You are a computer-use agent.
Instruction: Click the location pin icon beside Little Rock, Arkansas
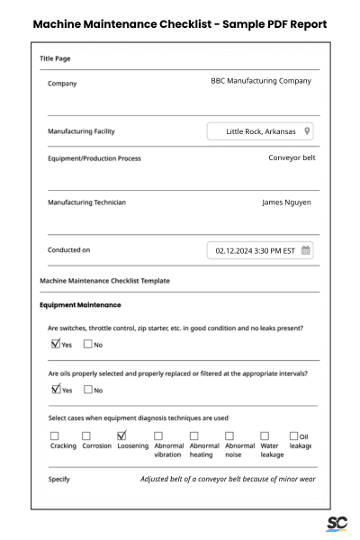[x=307, y=131]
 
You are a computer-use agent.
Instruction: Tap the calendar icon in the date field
[x=305, y=251]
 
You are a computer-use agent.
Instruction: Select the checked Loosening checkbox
[x=121, y=435]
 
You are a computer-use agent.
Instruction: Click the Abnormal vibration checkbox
[x=158, y=436]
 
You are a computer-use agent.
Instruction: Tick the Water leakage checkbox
[x=265, y=436]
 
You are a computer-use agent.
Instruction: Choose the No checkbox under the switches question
[x=87, y=344]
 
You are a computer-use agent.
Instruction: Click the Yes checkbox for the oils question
[x=56, y=389]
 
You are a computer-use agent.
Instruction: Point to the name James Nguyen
[x=286, y=202]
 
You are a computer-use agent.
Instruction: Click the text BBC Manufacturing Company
[x=260, y=81]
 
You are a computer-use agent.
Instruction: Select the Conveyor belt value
[x=292, y=157]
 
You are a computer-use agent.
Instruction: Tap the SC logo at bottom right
[x=337, y=524]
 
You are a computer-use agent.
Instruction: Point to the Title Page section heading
[x=55, y=58]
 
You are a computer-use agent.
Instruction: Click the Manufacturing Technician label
[x=86, y=202]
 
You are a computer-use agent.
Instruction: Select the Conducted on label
[x=68, y=250]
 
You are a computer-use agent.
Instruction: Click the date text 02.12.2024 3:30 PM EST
[x=255, y=251]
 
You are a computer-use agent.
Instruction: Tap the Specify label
[x=58, y=480]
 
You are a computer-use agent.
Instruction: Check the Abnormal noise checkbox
[x=229, y=436]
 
